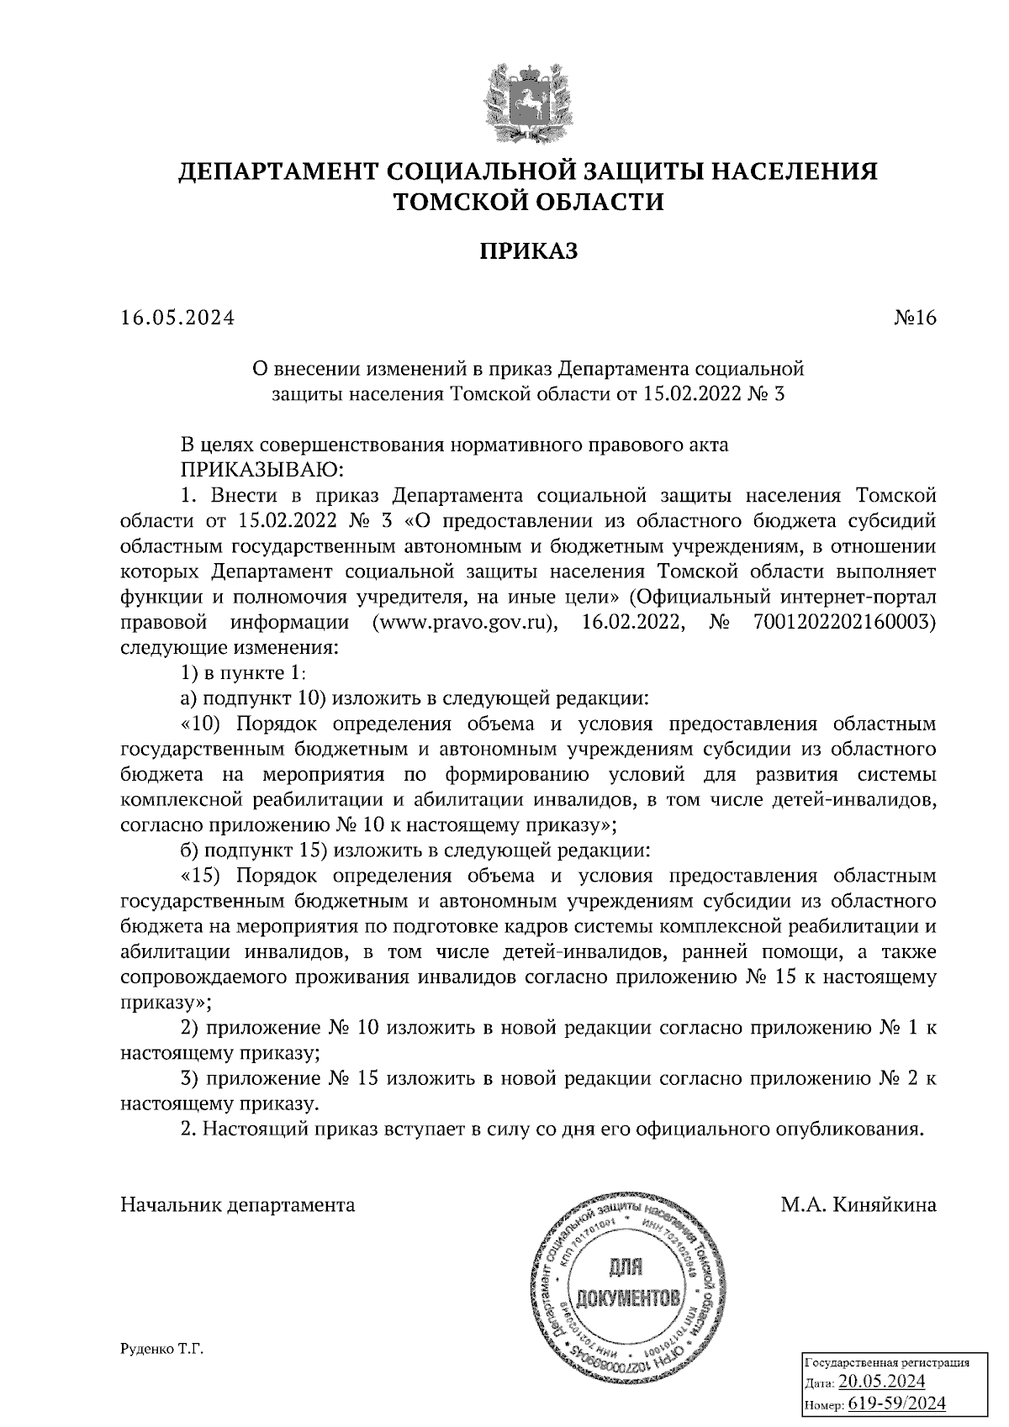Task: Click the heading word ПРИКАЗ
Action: (x=529, y=251)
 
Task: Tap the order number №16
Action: (x=911, y=319)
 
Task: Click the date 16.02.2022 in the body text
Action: (x=631, y=624)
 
